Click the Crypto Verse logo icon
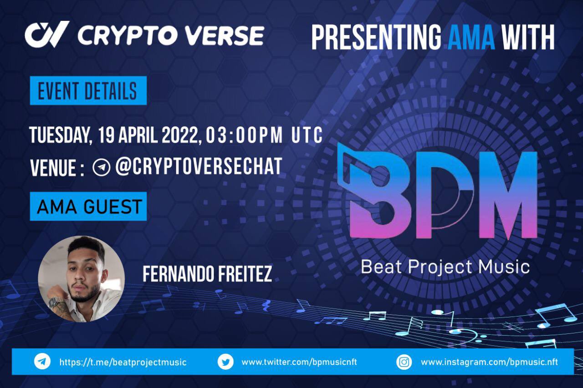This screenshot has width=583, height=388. click(47, 34)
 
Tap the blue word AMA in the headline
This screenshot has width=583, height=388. click(471, 37)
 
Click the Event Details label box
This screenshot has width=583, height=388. click(88, 91)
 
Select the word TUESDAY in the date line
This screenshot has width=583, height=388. click(57, 136)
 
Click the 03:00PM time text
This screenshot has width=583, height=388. click(244, 136)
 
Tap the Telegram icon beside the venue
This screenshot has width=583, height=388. click(101, 167)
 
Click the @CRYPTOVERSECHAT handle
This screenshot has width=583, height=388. click(199, 167)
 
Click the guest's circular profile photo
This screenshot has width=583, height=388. click(81, 279)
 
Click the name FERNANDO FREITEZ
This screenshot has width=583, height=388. click(207, 274)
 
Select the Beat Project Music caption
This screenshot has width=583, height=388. click(445, 267)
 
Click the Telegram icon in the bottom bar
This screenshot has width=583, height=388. click(42, 362)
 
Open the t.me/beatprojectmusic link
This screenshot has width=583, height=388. click(123, 363)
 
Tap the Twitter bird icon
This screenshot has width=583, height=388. click(225, 362)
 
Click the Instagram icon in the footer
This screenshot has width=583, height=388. click(404, 362)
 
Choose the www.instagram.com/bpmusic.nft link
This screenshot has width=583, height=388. click(489, 362)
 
